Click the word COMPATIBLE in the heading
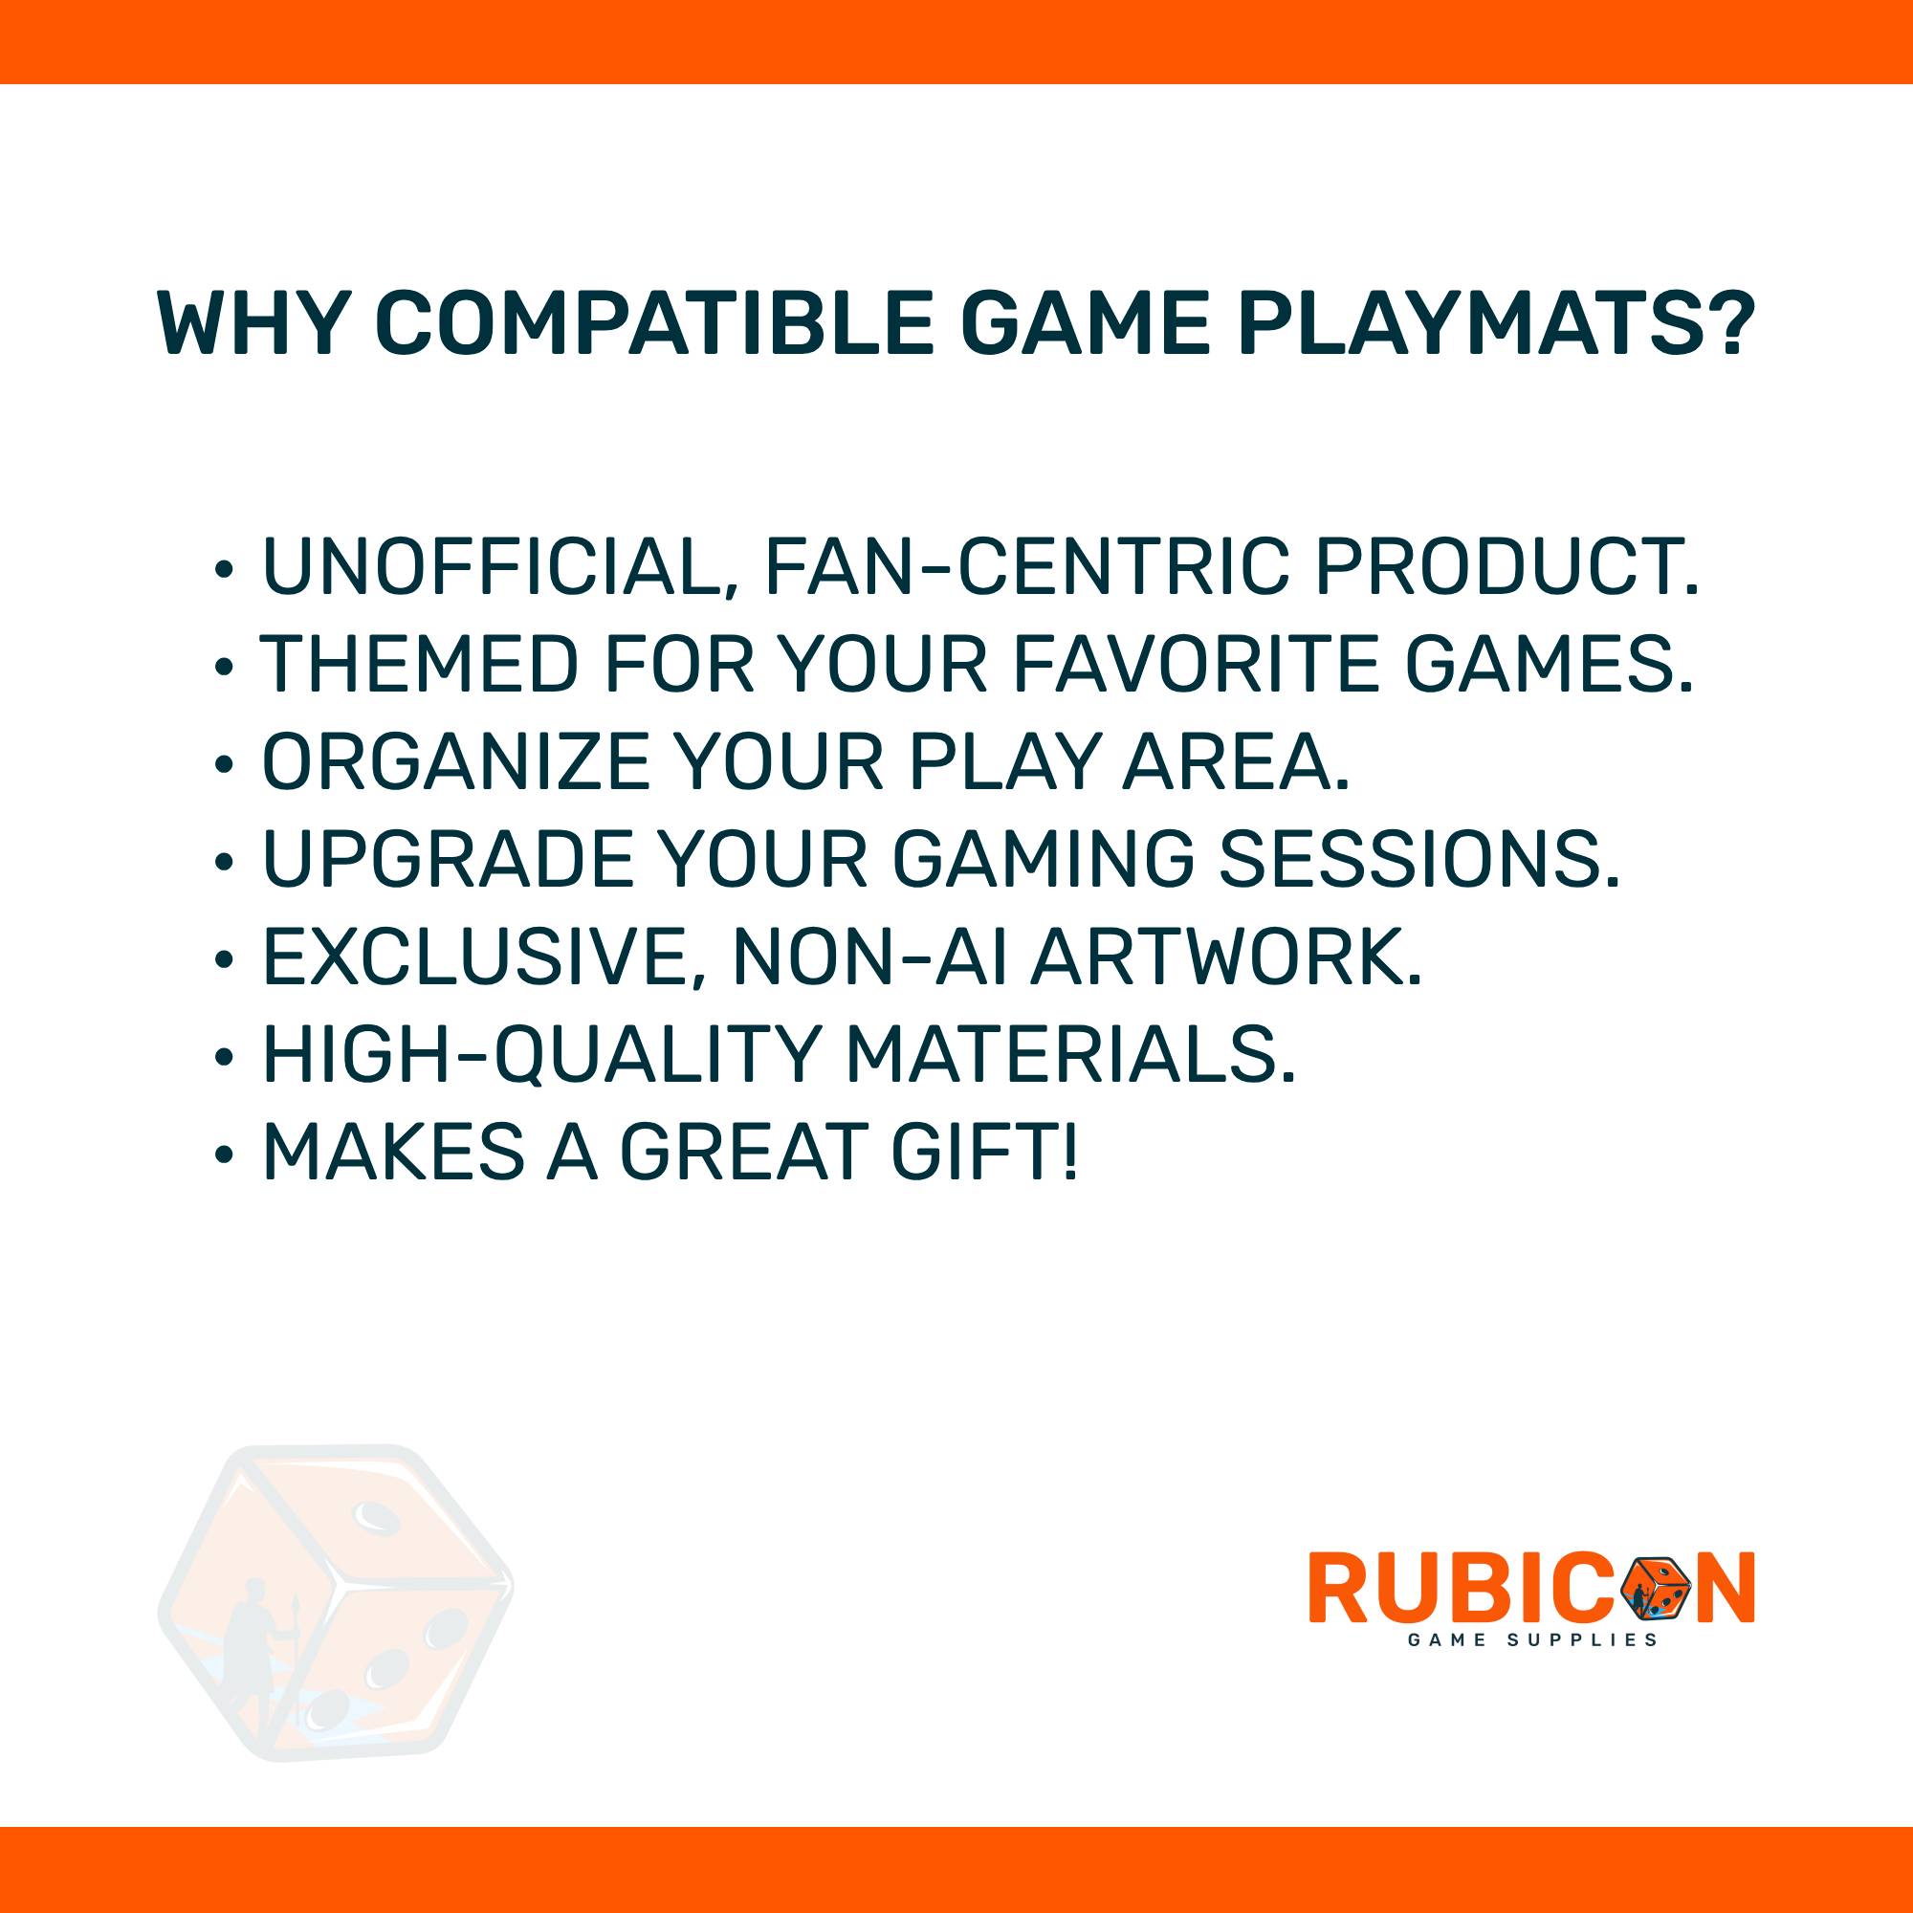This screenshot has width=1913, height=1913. pyautogui.click(x=653, y=324)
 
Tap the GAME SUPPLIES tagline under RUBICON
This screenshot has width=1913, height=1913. pyautogui.click(x=1531, y=1639)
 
